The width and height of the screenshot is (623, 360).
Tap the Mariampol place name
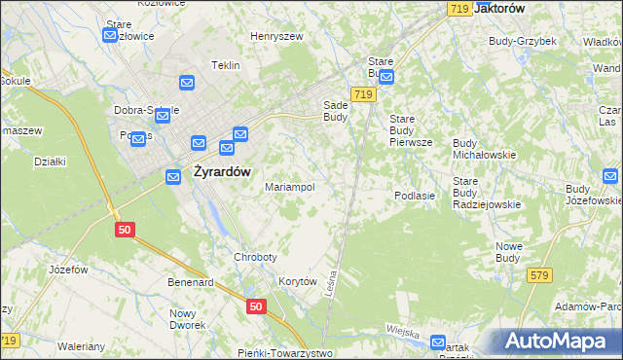pos(290,187)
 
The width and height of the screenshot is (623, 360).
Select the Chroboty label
pos(256,257)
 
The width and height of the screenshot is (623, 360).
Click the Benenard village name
pos(190,282)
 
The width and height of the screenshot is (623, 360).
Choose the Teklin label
pos(225,65)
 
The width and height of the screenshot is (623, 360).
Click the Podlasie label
pos(421,196)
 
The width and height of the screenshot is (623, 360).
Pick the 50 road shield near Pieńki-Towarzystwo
pos(255,306)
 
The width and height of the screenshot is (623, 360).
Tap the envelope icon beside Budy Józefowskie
pos(610,176)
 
